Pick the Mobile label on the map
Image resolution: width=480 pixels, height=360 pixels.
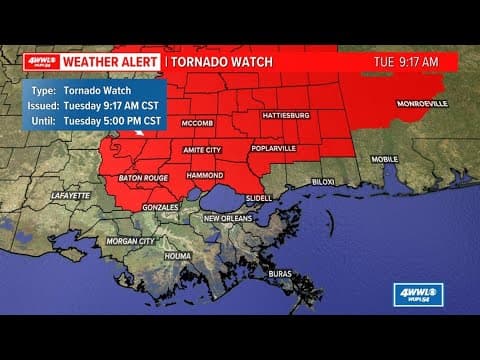point(385,159)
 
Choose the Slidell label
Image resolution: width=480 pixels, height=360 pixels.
point(258,198)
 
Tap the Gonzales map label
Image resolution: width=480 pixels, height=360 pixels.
point(160,207)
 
